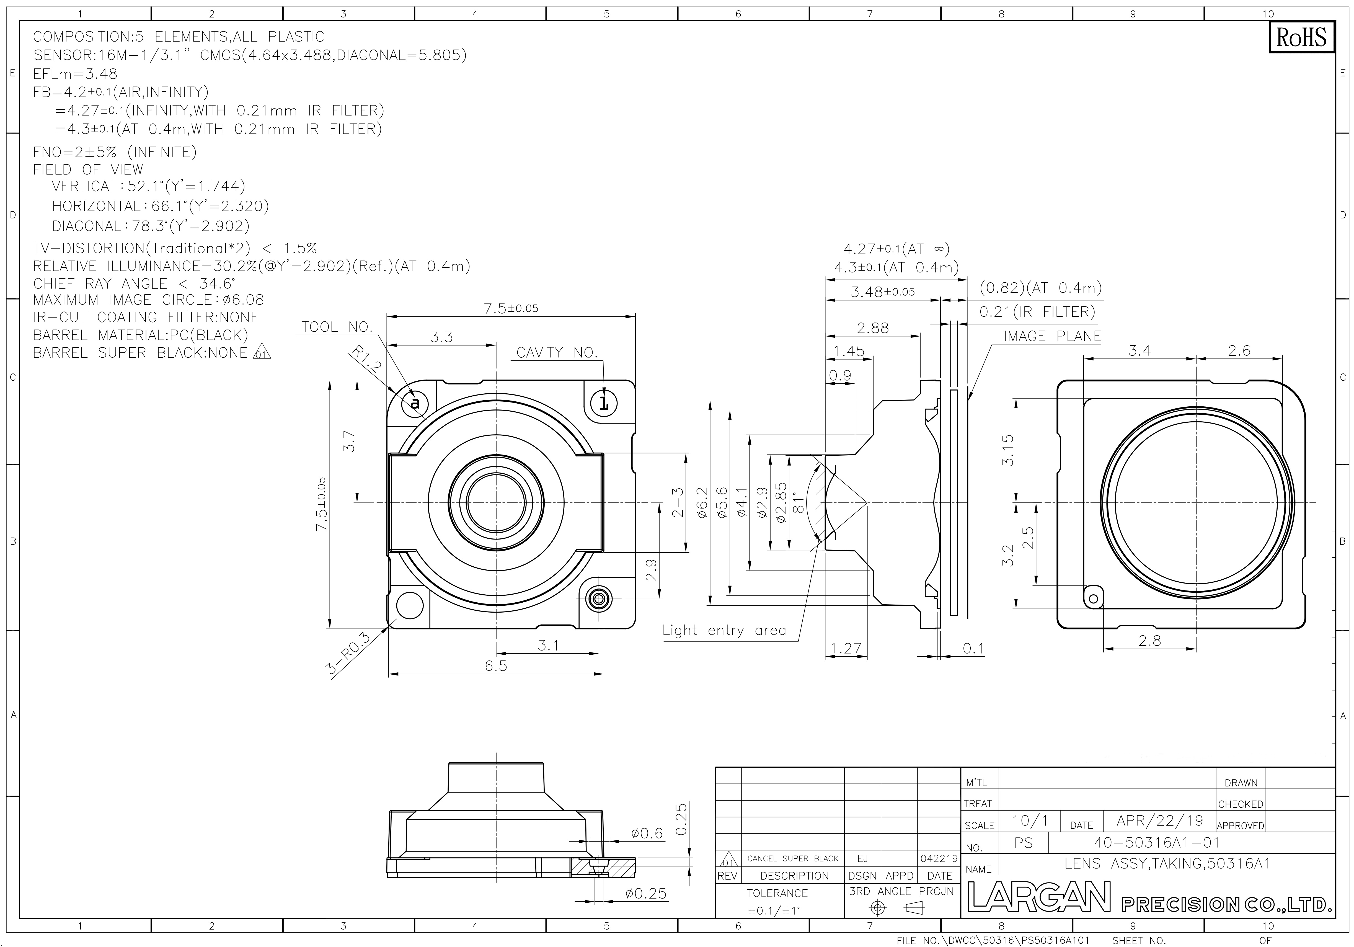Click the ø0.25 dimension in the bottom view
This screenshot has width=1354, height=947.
pyautogui.click(x=646, y=893)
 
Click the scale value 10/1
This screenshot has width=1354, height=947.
pyautogui.click(x=1029, y=820)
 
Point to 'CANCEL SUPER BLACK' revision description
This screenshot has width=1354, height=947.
pyautogui.click(x=793, y=858)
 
